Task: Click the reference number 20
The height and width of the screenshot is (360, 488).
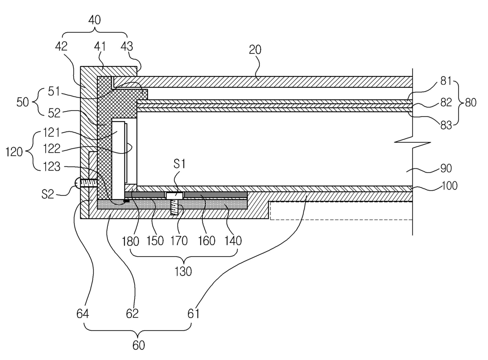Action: (255, 50)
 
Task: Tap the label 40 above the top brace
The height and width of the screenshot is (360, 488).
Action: (94, 20)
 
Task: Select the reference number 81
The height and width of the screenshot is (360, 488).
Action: (446, 81)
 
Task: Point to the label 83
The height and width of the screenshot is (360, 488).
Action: (446, 126)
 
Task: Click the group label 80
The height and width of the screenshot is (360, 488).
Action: (471, 103)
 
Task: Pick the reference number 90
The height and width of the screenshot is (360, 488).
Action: (446, 168)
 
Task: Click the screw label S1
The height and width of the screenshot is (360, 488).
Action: (179, 164)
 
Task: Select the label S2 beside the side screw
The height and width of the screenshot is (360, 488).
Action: (48, 194)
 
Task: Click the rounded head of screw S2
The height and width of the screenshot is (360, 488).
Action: (77, 183)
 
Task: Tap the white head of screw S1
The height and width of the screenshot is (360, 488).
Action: (174, 196)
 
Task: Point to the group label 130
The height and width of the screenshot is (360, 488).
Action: (183, 271)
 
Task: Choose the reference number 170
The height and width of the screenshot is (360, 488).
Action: (179, 241)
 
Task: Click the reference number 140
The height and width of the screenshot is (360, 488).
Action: (233, 241)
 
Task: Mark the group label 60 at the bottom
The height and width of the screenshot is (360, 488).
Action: (139, 345)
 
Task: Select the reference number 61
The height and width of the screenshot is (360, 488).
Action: (193, 314)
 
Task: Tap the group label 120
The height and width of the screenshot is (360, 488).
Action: (14, 152)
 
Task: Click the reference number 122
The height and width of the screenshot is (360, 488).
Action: (52, 149)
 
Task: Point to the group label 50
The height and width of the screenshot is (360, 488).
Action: (22, 102)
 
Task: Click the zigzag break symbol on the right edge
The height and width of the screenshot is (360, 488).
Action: (412, 142)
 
